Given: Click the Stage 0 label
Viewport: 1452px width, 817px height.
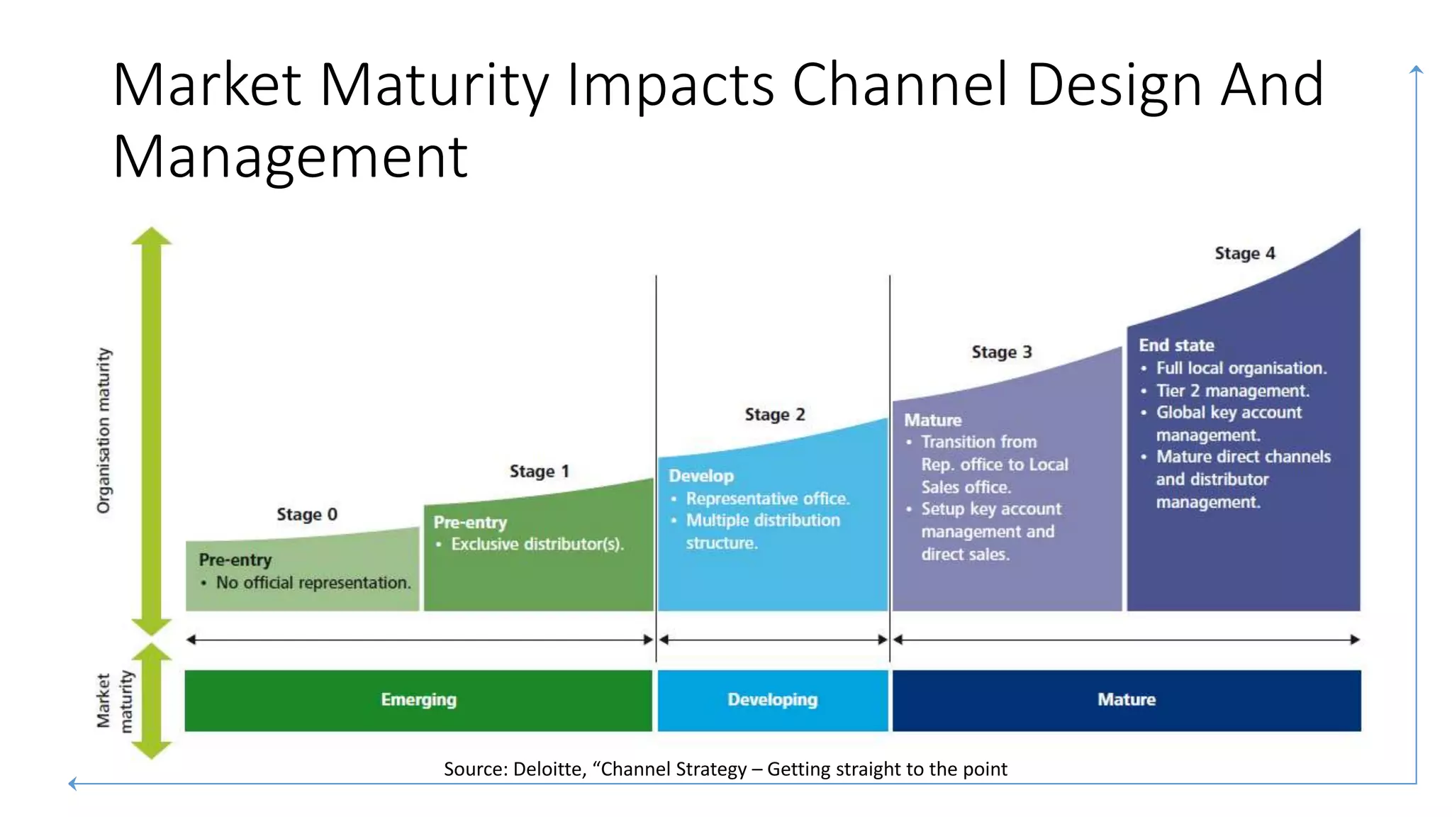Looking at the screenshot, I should point(306,514).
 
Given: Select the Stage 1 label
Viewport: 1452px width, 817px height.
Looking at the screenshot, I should point(539,472).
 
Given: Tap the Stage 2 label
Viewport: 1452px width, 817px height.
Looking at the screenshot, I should point(774,415).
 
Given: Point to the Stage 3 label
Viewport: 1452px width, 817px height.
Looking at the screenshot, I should point(1001,352).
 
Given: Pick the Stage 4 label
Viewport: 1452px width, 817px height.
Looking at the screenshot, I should point(1244,254).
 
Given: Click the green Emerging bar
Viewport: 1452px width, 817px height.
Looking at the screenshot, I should point(418,700).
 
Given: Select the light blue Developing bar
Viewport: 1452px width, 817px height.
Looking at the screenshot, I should point(772,700).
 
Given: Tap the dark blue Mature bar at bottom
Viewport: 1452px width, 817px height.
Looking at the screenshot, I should point(1126,700).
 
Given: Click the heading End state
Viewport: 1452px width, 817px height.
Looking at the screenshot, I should point(1176,345).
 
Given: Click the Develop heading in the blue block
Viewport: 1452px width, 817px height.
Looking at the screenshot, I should point(700,476).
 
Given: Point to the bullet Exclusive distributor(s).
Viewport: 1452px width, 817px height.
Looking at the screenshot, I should point(537,545).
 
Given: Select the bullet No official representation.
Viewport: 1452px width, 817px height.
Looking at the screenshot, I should point(313,583).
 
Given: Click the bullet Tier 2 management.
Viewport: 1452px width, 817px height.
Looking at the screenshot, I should point(1232,391).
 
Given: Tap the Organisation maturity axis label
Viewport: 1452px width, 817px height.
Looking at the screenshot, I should point(104,430).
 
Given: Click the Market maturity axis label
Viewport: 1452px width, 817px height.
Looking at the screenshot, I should point(113,701).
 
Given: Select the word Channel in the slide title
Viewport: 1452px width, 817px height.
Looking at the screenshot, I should point(900,84).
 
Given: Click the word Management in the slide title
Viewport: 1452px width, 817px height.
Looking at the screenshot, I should point(290,157).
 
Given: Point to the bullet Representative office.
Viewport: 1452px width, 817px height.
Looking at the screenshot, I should point(767,499).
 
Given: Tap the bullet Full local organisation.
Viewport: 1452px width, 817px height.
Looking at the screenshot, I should point(1241,368).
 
